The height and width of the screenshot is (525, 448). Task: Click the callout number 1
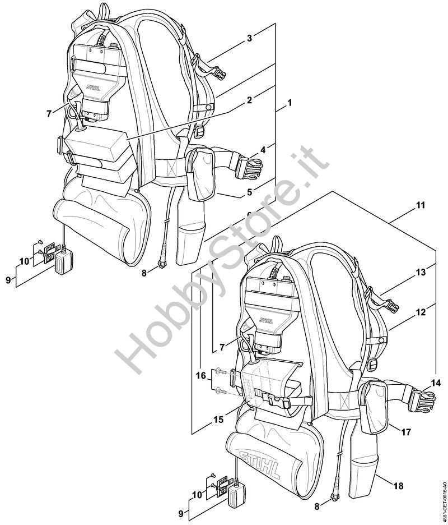[x=290, y=103]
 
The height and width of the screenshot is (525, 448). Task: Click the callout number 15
[x=218, y=418]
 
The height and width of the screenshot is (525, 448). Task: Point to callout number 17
[x=405, y=432]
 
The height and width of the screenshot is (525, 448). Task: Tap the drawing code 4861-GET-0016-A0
[x=442, y=494]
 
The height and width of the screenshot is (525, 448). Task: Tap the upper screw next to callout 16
[x=220, y=371]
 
